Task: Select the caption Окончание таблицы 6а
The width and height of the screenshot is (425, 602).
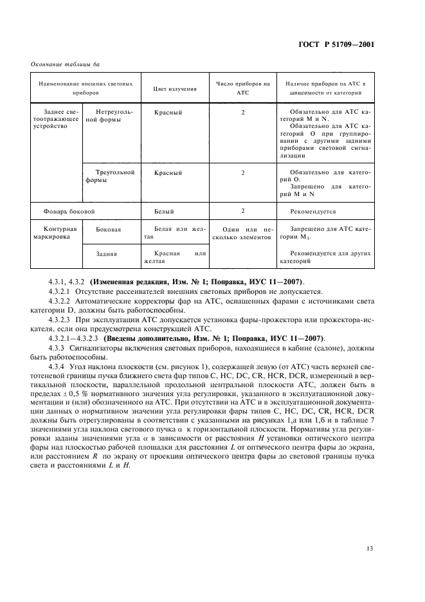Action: [x=66, y=63]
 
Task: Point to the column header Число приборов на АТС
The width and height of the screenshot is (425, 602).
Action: [x=242, y=88]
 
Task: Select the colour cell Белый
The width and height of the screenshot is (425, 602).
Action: [x=164, y=210]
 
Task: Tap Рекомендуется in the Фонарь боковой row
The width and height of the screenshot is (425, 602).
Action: [x=312, y=211]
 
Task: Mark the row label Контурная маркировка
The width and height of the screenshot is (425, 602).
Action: [x=55, y=233]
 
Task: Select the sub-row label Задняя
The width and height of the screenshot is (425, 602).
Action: [x=105, y=254]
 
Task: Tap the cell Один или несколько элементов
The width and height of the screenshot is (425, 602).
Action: [x=242, y=233]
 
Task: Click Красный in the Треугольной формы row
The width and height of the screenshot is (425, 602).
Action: [x=168, y=173]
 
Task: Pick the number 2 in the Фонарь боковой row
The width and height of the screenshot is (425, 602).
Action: [x=242, y=210]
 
